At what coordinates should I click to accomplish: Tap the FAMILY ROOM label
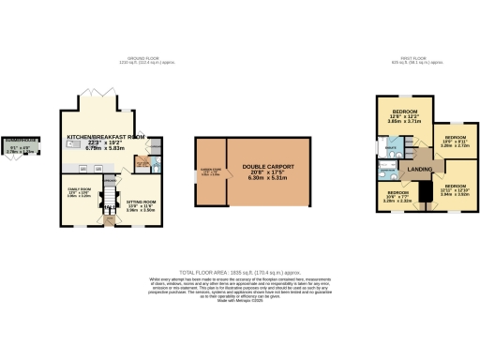pos(78,191)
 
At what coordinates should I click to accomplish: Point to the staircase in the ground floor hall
pos(107,198)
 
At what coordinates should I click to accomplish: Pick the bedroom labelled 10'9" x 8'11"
pos(455,141)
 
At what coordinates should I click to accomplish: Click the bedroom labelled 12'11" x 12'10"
pos(455,190)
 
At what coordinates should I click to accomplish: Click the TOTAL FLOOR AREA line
pos(240,269)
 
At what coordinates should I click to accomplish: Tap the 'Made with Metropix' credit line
pos(240,300)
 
